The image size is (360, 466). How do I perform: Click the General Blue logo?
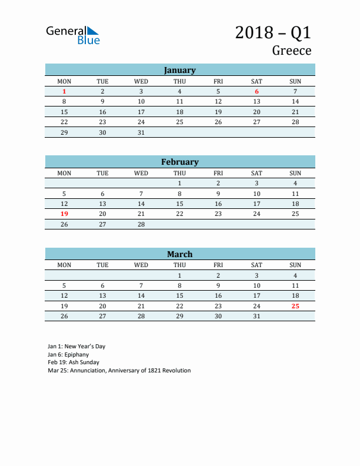click(x=73, y=35)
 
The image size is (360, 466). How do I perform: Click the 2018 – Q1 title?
click(x=273, y=32)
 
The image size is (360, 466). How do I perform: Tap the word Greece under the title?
click(x=291, y=51)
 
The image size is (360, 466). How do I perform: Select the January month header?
click(x=179, y=70)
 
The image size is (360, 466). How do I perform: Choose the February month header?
click(x=179, y=162)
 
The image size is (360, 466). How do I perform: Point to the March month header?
click(x=179, y=254)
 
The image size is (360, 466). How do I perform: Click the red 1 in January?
click(x=64, y=91)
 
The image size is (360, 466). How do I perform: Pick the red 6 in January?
click(x=256, y=91)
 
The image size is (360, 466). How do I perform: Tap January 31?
click(x=141, y=132)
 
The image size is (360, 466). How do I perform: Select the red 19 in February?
click(x=64, y=214)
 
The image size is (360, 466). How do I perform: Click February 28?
click(x=141, y=224)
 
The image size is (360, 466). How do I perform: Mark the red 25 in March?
click(x=295, y=306)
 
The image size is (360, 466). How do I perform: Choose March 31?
click(x=256, y=316)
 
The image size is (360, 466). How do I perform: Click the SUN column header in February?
click(x=295, y=173)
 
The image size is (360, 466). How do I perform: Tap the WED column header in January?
click(x=141, y=81)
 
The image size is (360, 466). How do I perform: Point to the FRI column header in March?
click(x=218, y=265)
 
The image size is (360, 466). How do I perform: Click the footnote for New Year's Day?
click(x=76, y=347)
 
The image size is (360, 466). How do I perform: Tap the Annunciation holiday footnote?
click(x=119, y=371)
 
